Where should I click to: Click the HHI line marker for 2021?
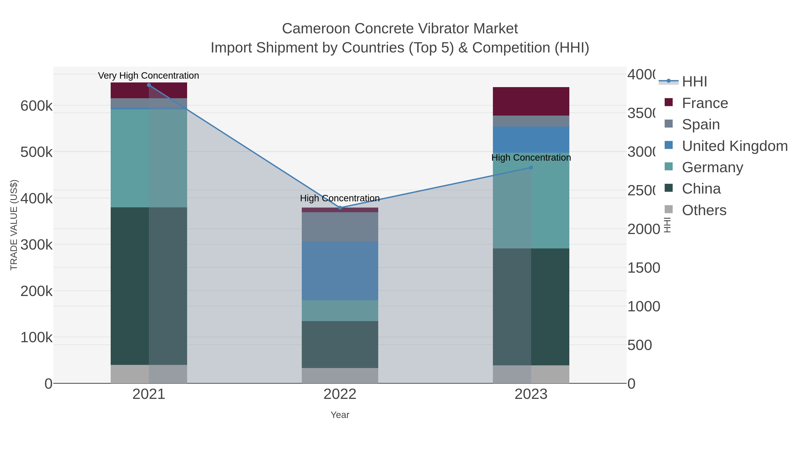(x=149, y=85)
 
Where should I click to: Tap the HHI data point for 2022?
(x=340, y=208)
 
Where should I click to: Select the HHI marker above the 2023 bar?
(x=531, y=168)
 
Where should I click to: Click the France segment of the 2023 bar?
(x=531, y=101)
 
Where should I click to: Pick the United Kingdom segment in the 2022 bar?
(x=340, y=271)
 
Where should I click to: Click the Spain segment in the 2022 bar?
(x=340, y=227)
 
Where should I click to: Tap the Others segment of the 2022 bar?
(x=340, y=376)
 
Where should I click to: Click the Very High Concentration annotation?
(x=148, y=76)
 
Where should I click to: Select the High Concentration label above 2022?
(x=340, y=198)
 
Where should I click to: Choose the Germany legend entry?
(x=712, y=167)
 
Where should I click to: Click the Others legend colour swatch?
(x=669, y=209)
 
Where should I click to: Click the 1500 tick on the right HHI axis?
(x=644, y=268)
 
